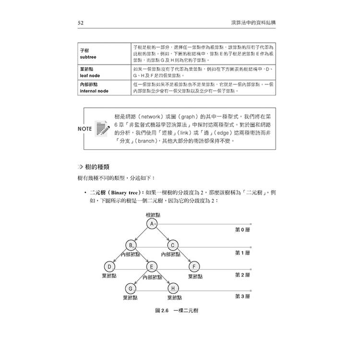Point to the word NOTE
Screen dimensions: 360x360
click(x=85, y=129)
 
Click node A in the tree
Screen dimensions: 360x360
click(x=152, y=224)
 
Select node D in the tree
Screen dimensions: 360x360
click(x=109, y=266)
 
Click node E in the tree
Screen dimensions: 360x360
click(x=151, y=266)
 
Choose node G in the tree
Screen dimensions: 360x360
click(x=130, y=288)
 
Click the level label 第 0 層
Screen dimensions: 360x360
click(x=242, y=230)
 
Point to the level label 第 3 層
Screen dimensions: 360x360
click(x=242, y=296)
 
